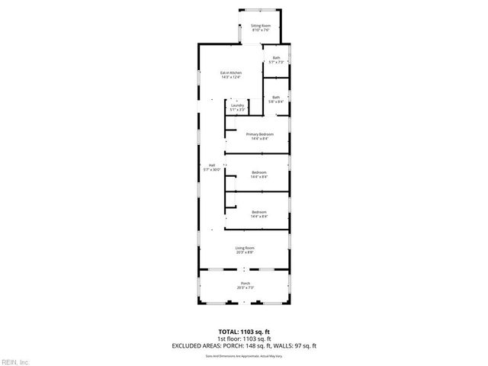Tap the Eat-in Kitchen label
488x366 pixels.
coord(231,72)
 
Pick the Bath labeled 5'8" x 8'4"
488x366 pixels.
coord(276,97)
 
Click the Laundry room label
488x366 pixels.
coord(237,105)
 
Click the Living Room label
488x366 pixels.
coord(244,248)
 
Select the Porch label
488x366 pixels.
coord(244,283)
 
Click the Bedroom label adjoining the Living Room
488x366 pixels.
coord(259,212)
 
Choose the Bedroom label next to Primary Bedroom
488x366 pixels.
coord(259,172)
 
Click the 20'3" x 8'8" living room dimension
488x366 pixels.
coord(244,252)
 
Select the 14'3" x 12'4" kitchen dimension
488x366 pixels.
coord(231,77)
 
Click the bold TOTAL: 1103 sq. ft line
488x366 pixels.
coord(244,332)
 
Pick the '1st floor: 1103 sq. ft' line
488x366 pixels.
coord(244,339)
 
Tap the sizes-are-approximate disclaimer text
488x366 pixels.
coord(244,355)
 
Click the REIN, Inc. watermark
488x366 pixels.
coord(15,361)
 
